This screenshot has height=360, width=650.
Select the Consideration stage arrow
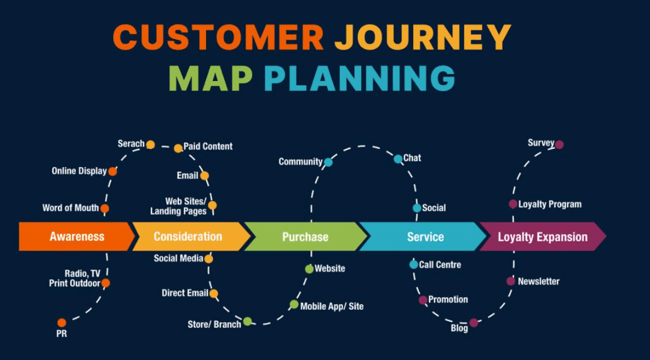point(188,237)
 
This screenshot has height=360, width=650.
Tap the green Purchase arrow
point(305,237)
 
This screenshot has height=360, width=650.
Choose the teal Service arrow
point(425,237)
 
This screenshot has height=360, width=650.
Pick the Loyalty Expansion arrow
point(542,237)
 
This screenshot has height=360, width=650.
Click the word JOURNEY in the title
point(422,38)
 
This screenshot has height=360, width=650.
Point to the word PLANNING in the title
point(359,79)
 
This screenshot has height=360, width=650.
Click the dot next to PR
point(62,323)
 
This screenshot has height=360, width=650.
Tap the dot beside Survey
point(560,145)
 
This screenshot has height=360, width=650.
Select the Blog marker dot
point(474,323)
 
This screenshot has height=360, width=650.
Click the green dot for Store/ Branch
point(247,322)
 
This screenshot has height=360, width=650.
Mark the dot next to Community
point(328,162)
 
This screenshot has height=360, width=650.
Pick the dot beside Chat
point(398,159)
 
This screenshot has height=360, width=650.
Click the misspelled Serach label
point(131,144)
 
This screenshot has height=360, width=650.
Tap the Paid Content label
point(208,146)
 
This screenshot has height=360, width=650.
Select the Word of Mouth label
point(70,208)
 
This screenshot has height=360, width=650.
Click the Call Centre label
point(440,265)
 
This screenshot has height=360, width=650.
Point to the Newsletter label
point(538,281)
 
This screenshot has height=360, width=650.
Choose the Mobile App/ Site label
point(332,307)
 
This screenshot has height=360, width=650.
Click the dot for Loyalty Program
point(513,204)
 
